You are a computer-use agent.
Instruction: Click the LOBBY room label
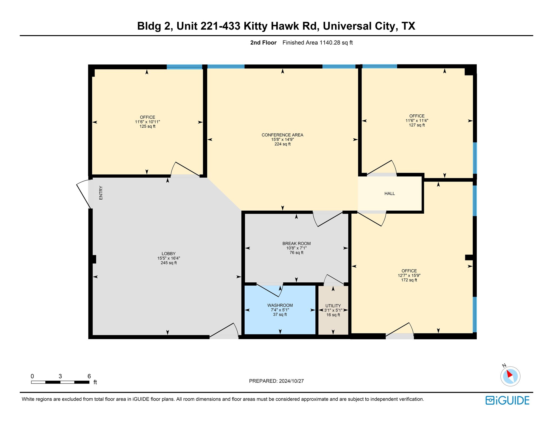168,254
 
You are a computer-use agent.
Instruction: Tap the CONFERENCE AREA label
282,135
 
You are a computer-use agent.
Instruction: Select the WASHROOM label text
280,305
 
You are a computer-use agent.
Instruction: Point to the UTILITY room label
333,306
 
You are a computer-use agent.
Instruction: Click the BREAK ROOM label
296,244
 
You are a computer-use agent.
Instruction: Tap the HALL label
389,194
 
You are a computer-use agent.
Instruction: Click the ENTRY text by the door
101,193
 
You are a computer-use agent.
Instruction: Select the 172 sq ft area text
409,280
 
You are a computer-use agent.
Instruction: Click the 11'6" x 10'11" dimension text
147,122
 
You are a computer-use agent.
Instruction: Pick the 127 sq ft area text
417,125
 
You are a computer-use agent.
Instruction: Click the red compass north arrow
509,374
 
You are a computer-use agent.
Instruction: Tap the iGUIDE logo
507,400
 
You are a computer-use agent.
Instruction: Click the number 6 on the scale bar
89,376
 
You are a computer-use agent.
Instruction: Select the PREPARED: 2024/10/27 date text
276,381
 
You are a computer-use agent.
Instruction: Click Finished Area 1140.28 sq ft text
318,43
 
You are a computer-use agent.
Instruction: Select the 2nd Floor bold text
263,43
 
